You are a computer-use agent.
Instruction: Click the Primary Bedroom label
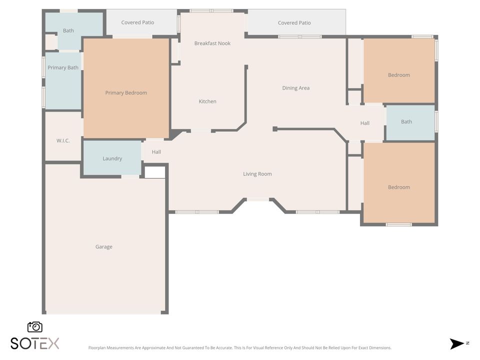pyautogui.click(x=126, y=92)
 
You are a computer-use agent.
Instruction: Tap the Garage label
pyautogui.click(x=104, y=246)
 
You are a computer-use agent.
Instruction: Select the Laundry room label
pyautogui.click(x=112, y=158)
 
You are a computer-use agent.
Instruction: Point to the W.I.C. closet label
pyautogui.click(x=63, y=140)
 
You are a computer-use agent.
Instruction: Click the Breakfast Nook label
pyautogui.click(x=212, y=43)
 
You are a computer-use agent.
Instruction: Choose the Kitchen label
pyautogui.click(x=207, y=101)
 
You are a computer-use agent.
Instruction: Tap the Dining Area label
pyautogui.click(x=295, y=88)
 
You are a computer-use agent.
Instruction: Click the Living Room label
pyautogui.click(x=257, y=174)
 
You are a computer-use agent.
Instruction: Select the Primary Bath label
pyautogui.click(x=63, y=67)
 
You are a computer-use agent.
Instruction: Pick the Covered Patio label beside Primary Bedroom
pyautogui.click(x=137, y=22)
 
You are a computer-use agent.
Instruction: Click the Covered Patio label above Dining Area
pyautogui.click(x=294, y=22)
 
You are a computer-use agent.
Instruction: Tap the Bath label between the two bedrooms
pyautogui.click(x=406, y=121)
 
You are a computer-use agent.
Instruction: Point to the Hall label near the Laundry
pyautogui.click(x=156, y=152)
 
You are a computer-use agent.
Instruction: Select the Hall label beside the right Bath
pyautogui.click(x=365, y=123)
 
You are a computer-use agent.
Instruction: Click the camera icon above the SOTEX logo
pyautogui.click(x=35, y=326)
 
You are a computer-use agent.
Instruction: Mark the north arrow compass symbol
pyautogui.click(x=457, y=343)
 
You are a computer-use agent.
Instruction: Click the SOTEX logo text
pyautogui.click(x=35, y=343)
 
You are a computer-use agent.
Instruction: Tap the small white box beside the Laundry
pyautogui.click(x=154, y=172)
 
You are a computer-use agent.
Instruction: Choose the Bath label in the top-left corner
pyautogui.click(x=68, y=30)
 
